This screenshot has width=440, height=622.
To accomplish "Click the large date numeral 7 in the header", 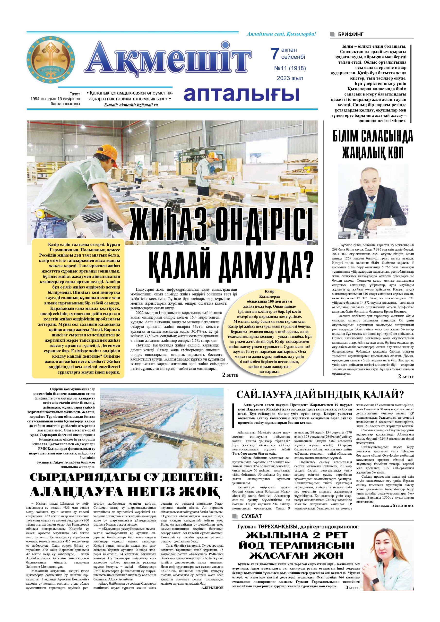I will coord(275,53).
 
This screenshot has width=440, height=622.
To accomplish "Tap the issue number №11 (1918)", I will coord(290,68).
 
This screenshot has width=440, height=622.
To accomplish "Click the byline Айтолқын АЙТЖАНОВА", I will coord(393,506).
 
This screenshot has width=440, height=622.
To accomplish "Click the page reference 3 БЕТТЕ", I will coord(352,570).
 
